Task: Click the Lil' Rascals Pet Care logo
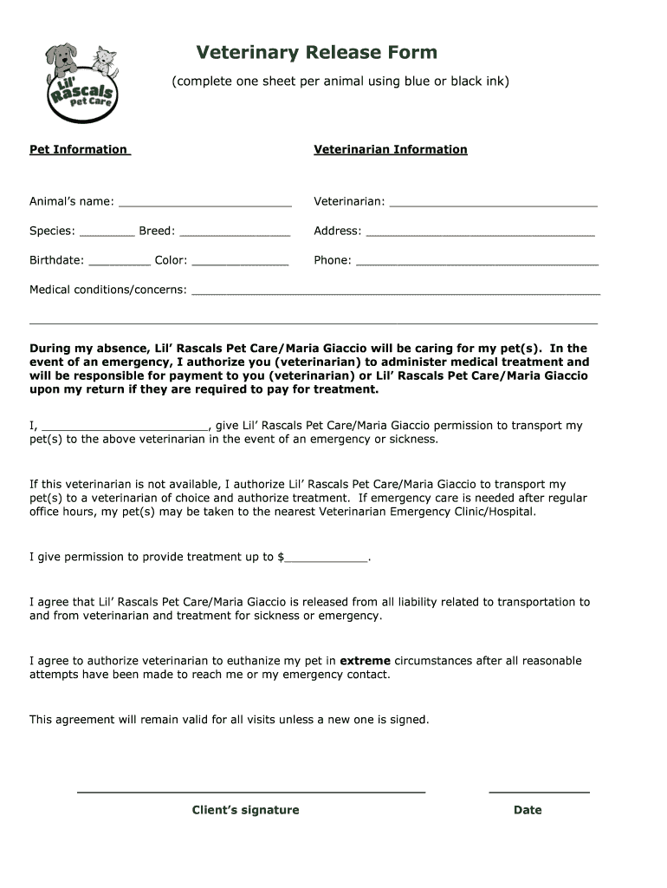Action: [x=81, y=82]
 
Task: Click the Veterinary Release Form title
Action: [x=316, y=53]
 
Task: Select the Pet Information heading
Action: [x=79, y=149]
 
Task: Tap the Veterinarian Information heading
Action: [x=390, y=149]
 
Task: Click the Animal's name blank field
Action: [x=204, y=203]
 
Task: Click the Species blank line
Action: [x=107, y=232]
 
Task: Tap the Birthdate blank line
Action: [x=120, y=262]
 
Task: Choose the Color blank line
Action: [x=240, y=262]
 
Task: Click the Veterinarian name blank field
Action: [x=493, y=203]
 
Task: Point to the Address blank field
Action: [x=481, y=232]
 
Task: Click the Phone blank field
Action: [x=477, y=262]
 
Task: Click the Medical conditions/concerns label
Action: [x=108, y=290]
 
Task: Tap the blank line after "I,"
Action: [x=125, y=428]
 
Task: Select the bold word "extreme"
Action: [x=365, y=661]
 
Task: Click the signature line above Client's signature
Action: [x=251, y=792]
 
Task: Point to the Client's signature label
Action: [x=245, y=810]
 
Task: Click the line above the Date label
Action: [x=539, y=792]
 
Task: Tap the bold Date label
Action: [x=527, y=810]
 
